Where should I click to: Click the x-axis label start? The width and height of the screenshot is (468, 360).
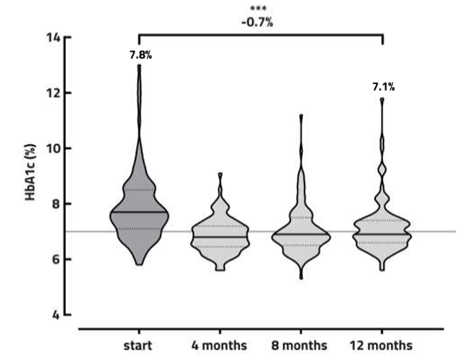pos(139,346)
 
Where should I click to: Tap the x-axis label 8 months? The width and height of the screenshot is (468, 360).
pos(301,346)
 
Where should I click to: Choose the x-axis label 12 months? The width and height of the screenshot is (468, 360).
pos(381,346)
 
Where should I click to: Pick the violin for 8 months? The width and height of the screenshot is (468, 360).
pos(301,230)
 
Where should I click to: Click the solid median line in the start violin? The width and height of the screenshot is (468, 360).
pos(139,212)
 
